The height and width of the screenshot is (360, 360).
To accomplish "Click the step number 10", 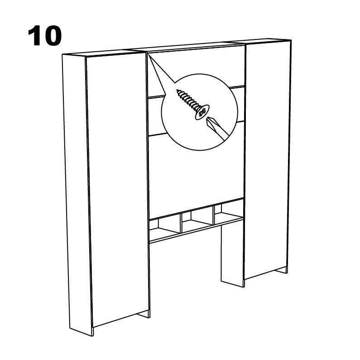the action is [x=45, y=36].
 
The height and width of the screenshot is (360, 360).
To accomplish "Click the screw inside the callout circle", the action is [x=193, y=105].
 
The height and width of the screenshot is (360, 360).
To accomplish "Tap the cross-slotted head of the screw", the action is [x=202, y=112].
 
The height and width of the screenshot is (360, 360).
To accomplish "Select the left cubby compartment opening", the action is [x=165, y=228].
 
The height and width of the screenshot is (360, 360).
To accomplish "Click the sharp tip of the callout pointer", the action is [x=148, y=54].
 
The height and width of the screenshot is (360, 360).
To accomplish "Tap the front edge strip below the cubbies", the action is [x=196, y=230].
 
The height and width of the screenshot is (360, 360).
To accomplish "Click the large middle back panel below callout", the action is [x=195, y=175].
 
